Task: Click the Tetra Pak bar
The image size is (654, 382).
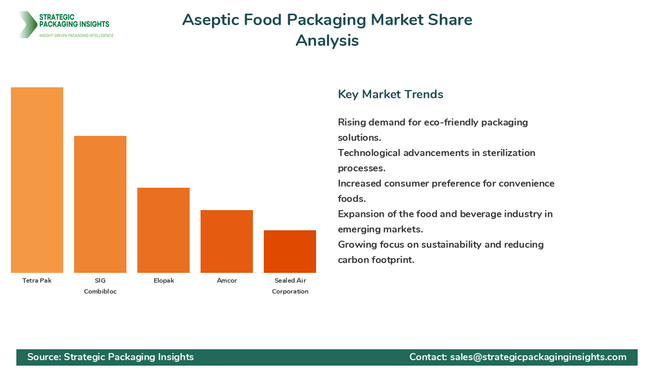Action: pos(37,180)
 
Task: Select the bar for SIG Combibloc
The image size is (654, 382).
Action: pos(100,204)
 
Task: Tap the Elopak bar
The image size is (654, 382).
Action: pos(163,230)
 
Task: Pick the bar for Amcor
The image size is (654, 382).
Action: pos(227,241)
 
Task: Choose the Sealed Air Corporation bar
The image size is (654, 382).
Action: pos(290,252)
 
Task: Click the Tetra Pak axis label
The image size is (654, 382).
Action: pos(37,280)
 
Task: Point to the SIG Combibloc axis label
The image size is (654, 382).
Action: pos(100,286)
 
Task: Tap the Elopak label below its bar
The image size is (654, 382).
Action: pos(163,280)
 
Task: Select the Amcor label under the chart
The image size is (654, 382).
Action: pos(227,280)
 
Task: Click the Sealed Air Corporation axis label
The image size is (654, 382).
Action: pos(290,286)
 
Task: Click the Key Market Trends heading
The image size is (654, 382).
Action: pos(390,94)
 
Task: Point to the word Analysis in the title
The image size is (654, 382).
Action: pos(327,40)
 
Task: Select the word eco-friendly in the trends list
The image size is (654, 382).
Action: pos(450,122)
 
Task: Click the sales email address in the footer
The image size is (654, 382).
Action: pos(538,357)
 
